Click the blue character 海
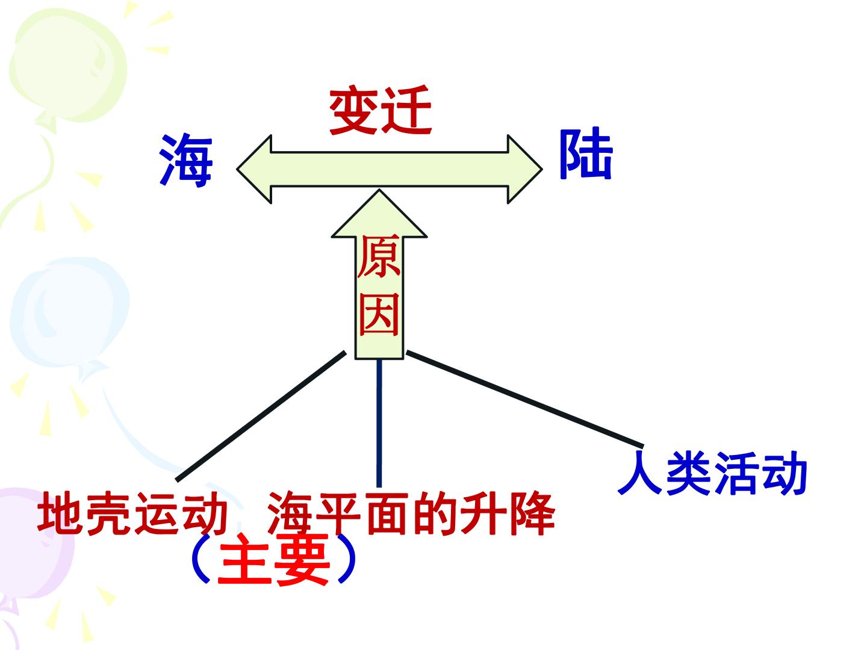tap(185, 161)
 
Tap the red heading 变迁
tap(380, 110)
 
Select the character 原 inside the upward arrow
tap(379, 256)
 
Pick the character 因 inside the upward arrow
tap(379, 314)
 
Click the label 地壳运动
tap(132, 513)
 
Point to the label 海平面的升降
tap(411, 513)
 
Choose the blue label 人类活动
tap(712, 473)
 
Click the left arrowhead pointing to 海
tap(254, 169)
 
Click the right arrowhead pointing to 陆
tap(525, 169)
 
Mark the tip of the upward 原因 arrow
tap(379, 190)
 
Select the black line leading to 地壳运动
tap(261, 416)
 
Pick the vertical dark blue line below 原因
tap(379, 424)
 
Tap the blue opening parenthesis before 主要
tap(200, 559)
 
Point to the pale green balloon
tap(68, 65)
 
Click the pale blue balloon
tap(70, 312)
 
